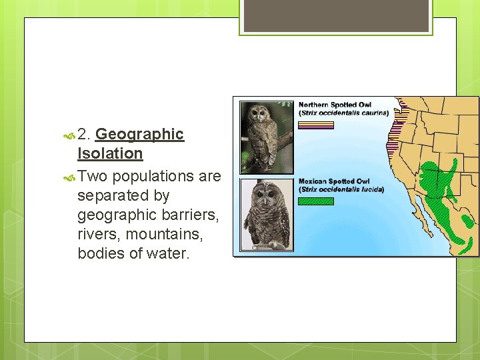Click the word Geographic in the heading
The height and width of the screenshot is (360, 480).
[139, 134]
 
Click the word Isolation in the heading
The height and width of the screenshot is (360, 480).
[110, 153]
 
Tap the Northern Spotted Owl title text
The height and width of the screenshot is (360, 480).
[335, 105]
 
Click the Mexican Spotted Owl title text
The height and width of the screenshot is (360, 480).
[334, 181]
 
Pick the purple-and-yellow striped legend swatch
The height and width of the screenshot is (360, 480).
[315, 125]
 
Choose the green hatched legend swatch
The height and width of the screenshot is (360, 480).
[315, 201]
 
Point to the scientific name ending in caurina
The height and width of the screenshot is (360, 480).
[343, 113]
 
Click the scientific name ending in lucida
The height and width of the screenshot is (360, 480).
[341, 189]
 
